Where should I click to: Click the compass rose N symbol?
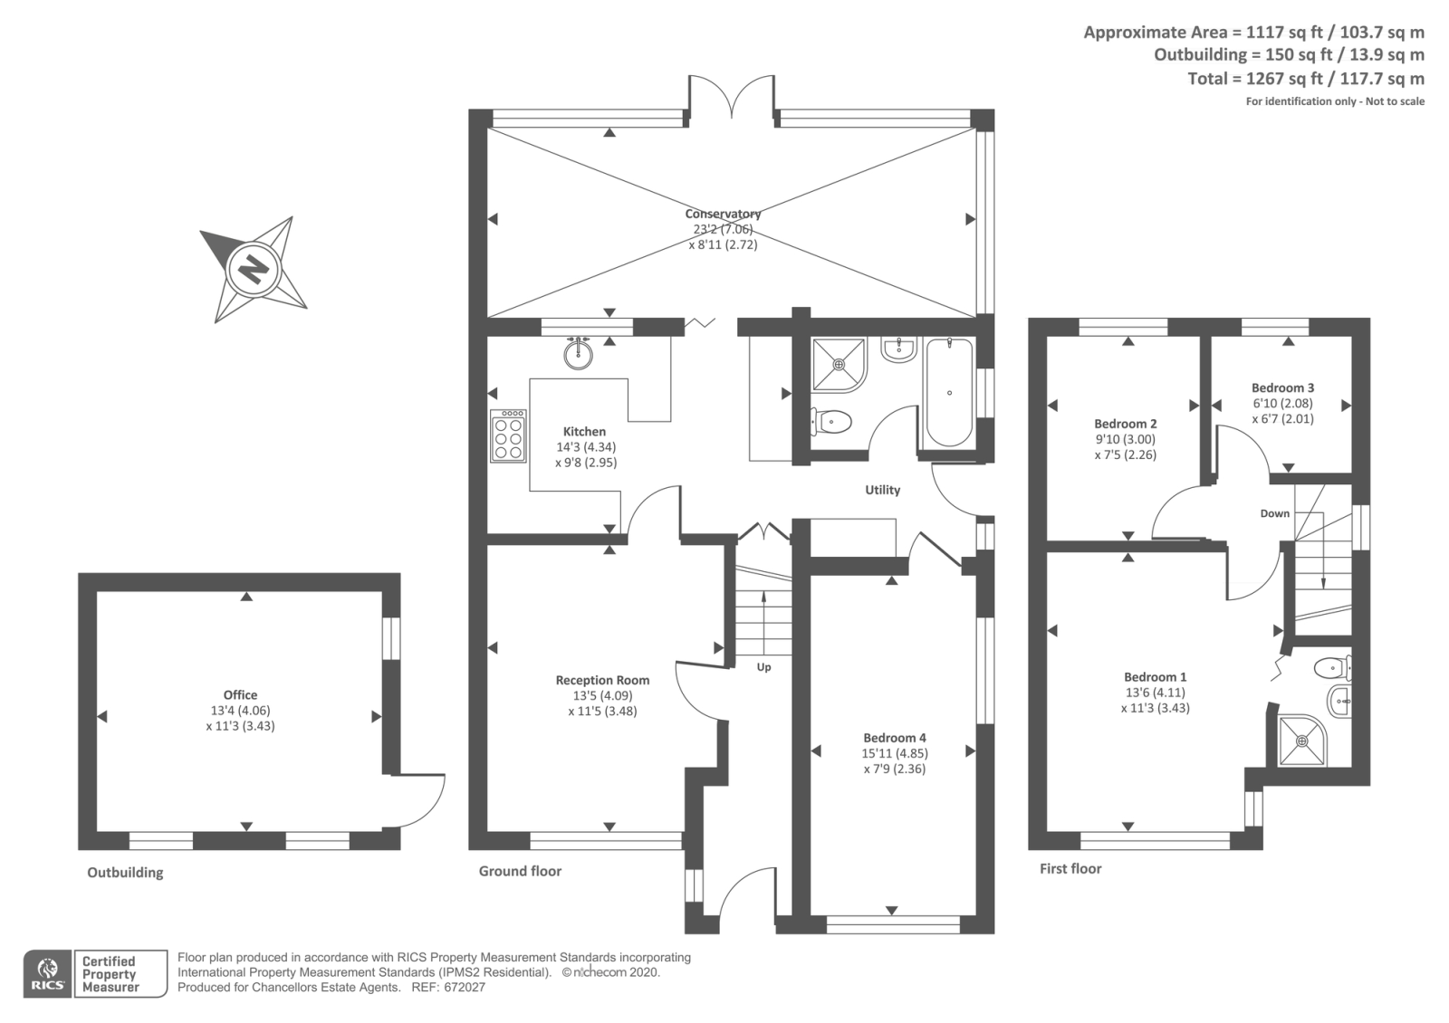[x=254, y=269]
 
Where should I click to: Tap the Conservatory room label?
[x=723, y=214]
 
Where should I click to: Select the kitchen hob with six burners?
[x=508, y=435]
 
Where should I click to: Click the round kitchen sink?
[x=578, y=353]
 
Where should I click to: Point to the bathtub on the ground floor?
[x=949, y=393]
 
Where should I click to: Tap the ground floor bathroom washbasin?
[x=898, y=349]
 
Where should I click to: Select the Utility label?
[x=882, y=490]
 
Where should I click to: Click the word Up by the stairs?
[x=763, y=667]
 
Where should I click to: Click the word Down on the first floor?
[x=1274, y=513]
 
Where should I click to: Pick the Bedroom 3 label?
[x=1282, y=387]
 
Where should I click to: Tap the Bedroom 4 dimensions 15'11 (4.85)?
[x=894, y=753]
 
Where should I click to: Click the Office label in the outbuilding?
[x=240, y=695]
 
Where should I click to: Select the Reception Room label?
[x=602, y=680]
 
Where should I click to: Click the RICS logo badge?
[x=48, y=974]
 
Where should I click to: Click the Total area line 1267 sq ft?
[x=1305, y=79]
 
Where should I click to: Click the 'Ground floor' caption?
[x=520, y=871]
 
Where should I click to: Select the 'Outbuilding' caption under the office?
[x=125, y=873]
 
